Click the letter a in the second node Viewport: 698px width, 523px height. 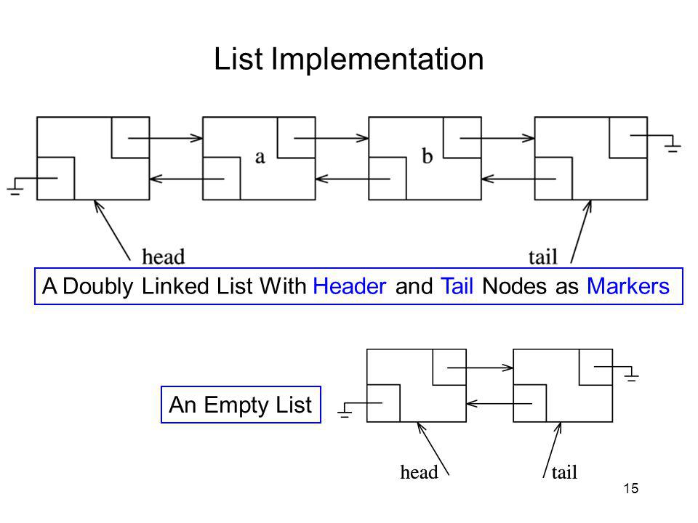(x=260, y=157)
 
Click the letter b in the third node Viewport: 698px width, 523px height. (x=427, y=155)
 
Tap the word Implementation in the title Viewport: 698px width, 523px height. (x=377, y=60)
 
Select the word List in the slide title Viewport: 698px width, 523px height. (x=238, y=59)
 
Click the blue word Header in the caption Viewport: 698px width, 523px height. (x=350, y=286)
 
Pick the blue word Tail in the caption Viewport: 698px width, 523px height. (x=457, y=286)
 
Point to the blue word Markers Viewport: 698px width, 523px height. (x=628, y=286)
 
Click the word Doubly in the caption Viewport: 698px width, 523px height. (x=98, y=287)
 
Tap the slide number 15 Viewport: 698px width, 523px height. (x=631, y=488)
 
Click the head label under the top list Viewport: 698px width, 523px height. (x=163, y=256)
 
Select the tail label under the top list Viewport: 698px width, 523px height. (x=542, y=257)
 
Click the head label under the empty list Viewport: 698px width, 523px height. (x=419, y=472)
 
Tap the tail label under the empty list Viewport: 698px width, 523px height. (x=564, y=472)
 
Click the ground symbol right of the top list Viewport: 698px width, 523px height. (x=673, y=144)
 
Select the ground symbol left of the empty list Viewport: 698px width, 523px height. (x=345, y=410)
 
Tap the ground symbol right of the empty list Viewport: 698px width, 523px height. (x=631, y=374)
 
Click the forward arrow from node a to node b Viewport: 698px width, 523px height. (x=332, y=138)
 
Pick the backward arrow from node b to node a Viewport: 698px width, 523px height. (x=353, y=179)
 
